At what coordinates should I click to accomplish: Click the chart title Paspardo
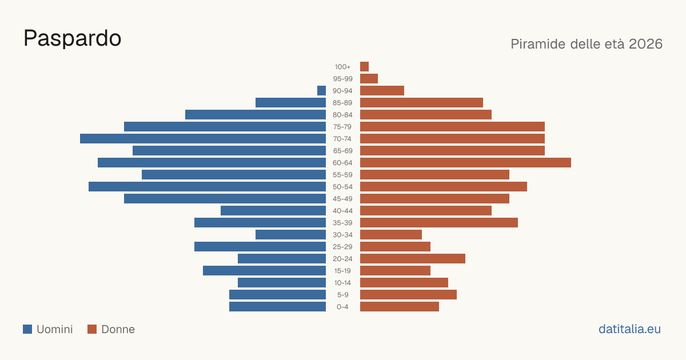[x=72, y=38]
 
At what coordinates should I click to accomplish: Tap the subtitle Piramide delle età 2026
[x=587, y=44]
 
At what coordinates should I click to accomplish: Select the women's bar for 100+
[x=365, y=66]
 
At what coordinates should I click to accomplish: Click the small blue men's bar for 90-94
[x=321, y=91]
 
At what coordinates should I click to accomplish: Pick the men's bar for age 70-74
[x=203, y=139]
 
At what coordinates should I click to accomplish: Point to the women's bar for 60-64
[x=465, y=162]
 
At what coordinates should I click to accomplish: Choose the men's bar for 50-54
[x=207, y=187]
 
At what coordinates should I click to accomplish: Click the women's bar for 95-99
[x=369, y=79]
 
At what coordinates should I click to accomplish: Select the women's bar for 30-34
[x=391, y=235]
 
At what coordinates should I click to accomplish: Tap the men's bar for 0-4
[x=277, y=307]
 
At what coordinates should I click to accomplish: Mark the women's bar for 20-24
[x=413, y=259]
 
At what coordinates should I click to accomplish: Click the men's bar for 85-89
[x=290, y=102]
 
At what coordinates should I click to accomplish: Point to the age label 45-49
[x=342, y=199]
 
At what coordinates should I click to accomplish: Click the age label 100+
[x=342, y=67]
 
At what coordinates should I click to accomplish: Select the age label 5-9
[x=342, y=295]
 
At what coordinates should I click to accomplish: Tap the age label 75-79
[x=342, y=127]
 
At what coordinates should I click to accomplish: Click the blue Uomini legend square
[x=27, y=329]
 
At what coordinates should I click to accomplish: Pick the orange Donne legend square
[x=92, y=329]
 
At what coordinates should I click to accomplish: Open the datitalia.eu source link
[x=629, y=329]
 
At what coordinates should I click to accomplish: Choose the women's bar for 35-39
[x=439, y=222]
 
